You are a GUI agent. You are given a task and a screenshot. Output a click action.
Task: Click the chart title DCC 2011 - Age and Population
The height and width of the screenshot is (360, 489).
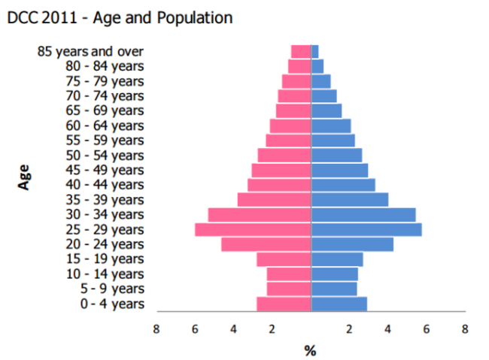pos(120,17)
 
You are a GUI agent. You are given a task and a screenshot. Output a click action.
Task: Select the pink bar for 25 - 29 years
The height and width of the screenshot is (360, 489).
pos(253,229)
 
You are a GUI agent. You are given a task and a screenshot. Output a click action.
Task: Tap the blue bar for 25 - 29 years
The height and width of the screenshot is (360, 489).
pos(366,229)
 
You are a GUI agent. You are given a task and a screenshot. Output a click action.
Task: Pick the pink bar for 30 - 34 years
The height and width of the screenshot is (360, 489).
pos(260,214)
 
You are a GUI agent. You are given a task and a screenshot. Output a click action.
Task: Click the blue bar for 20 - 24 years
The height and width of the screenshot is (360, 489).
pos(352,244)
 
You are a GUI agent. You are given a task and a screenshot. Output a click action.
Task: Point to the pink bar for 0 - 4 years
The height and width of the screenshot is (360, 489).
pos(284,304)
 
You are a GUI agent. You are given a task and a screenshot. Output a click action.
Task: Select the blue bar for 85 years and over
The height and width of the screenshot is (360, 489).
pos(315,51)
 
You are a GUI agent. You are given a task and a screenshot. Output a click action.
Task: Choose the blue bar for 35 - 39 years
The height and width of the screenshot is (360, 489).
pos(350,199)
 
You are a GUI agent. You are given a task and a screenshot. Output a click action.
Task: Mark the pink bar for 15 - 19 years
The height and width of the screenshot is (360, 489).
pos(284,259)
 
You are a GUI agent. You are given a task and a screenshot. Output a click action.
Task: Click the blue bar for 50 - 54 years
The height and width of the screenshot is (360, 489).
pos(336,155)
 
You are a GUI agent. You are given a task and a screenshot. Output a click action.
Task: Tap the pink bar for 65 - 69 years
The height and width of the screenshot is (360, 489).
pos(293,110)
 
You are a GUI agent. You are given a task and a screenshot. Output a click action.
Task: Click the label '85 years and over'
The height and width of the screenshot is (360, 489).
pos(90,51)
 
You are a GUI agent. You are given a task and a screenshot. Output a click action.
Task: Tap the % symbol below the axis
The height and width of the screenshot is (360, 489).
pos(310,349)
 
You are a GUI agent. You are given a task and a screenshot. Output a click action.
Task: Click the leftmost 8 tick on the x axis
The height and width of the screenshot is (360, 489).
pos(156,328)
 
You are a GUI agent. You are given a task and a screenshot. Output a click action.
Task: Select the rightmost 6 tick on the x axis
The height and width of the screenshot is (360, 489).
pos(427,328)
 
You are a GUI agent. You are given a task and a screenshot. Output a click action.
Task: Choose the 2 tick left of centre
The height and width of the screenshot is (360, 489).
pos(272,328)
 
